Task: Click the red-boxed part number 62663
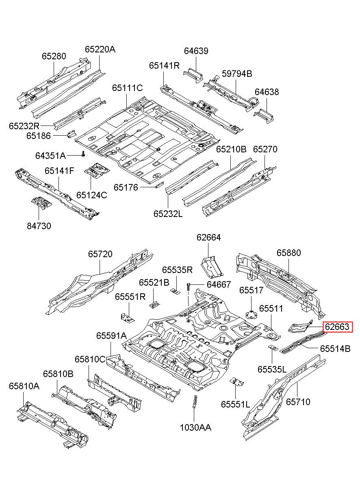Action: coord(337,333)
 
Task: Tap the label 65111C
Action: coord(128,88)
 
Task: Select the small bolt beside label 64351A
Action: coord(83,154)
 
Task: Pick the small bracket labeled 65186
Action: coord(72,134)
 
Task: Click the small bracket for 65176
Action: coord(159,185)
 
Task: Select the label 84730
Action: coord(39,226)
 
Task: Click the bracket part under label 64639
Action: coord(193,75)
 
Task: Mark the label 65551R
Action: coord(130,297)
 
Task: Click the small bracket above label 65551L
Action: coord(236,382)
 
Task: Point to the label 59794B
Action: coord(237,74)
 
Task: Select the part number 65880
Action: coord(288,253)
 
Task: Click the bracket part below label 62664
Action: coord(212,267)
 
